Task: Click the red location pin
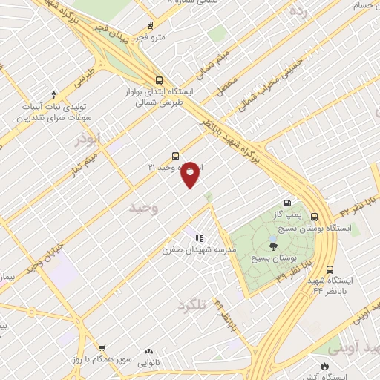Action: (x=191, y=174)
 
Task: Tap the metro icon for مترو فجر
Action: (x=150, y=24)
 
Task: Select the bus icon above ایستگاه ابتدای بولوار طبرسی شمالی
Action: (x=158, y=80)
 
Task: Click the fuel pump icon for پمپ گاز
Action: (x=288, y=202)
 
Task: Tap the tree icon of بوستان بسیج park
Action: (x=273, y=246)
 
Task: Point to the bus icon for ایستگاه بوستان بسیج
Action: (x=315, y=217)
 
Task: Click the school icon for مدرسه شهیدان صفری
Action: (x=199, y=238)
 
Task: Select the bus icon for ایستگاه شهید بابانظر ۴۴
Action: (x=330, y=269)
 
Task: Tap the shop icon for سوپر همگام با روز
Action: (x=102, y=347)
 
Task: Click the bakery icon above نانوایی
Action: (x=148, y=351)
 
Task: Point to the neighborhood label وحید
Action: (x=143, y=208)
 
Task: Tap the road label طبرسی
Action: (x=87, y=73)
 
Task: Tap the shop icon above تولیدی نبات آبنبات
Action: (x=53, y=94)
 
